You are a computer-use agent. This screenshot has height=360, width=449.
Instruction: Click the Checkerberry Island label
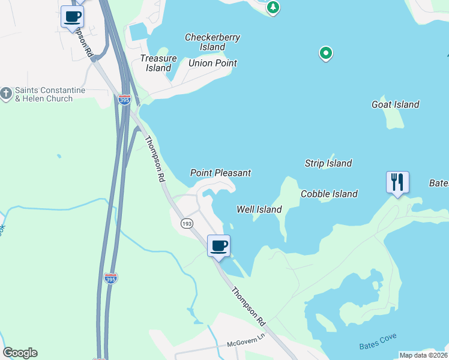(212, 42)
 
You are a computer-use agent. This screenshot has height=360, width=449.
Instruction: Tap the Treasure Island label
(158, 63)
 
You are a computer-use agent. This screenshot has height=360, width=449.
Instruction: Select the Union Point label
(212, 63)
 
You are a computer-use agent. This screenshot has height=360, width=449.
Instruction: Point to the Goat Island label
(395, 104)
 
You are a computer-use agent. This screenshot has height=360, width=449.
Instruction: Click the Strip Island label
(328, 163)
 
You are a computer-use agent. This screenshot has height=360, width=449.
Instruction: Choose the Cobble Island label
(329, 194)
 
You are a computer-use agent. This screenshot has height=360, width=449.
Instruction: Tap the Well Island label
(259, 209)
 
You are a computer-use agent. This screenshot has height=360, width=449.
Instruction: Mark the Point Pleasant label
(220, 173)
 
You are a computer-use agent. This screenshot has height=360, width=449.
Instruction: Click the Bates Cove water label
(378, 342)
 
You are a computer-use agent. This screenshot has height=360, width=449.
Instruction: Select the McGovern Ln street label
(246, 344)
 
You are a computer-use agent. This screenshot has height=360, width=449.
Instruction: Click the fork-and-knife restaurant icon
(397, 181)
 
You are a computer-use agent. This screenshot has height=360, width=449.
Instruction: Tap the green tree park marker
(273, 8)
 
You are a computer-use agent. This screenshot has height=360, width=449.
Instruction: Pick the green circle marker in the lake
(325, 54)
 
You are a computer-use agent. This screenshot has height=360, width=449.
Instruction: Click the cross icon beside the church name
(7, 94)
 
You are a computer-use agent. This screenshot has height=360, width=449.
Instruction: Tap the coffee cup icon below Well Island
(218, 245)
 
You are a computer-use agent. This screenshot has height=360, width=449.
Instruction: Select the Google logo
(20, 353)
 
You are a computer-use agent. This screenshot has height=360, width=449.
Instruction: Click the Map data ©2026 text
(423, 355)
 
